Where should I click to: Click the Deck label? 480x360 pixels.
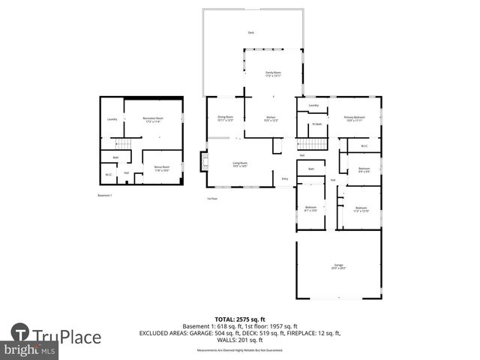(251, 33)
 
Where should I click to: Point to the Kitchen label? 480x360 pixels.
(271, 118)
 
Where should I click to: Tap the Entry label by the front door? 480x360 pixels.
(285, 178)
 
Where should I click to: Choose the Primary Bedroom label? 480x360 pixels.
(354, 118)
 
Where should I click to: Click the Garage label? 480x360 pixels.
(337, 266)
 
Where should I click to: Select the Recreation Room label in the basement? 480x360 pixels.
(153, 119)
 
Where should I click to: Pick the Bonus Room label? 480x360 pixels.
(161, 169)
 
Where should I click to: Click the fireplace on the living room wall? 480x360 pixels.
(202, 160)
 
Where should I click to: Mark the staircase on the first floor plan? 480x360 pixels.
(312, 144)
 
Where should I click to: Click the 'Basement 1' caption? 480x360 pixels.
(104, 196)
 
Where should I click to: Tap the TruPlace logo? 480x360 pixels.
(56, 336)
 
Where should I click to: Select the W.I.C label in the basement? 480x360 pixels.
(109, 175)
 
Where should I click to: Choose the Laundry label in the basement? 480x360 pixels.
(112, 119)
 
